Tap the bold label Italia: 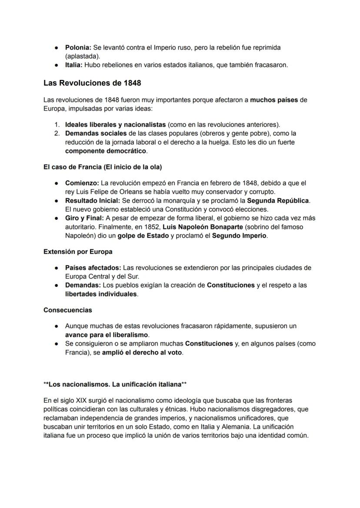click(73, 65)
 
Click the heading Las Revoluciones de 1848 click(92, 83)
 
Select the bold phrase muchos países click(274, 100)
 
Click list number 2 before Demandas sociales click(57, 133)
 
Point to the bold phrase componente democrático click(106, 151)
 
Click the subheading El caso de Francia click(103, 167)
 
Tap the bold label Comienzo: click(82, 183)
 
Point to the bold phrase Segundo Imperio click(243, 236)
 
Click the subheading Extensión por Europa click(78, 252)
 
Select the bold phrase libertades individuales click(101, 294)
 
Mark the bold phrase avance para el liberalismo click(107, 335)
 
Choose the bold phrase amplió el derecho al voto click(142, 352)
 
